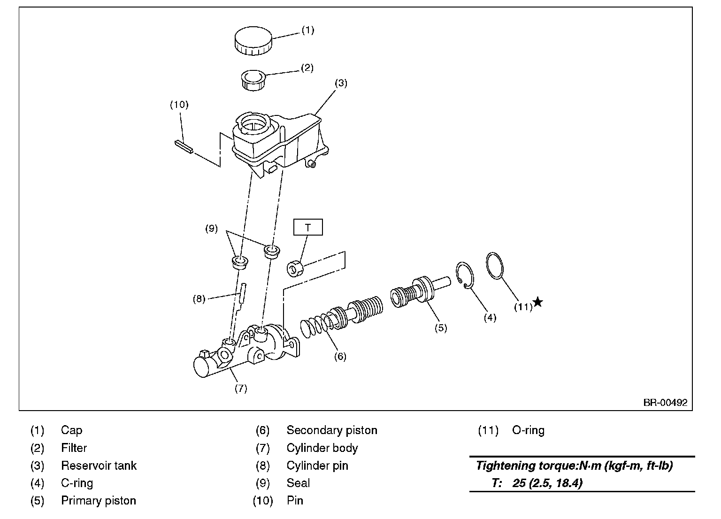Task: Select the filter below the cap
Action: coord(253,80)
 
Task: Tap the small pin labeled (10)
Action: coord(184,146)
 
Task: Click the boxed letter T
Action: coord(308,228)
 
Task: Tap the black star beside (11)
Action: coord(538,302)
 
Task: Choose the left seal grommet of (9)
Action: coord(240,262)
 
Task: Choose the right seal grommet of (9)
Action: coord(272,251)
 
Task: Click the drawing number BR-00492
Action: coord(665,403)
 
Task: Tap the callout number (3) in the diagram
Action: coord(341,83)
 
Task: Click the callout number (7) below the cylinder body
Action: coord(240,388)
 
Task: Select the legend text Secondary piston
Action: coord(331,430)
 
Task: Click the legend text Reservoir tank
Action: coord(99,466)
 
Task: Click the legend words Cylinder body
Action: coord(322,448)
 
